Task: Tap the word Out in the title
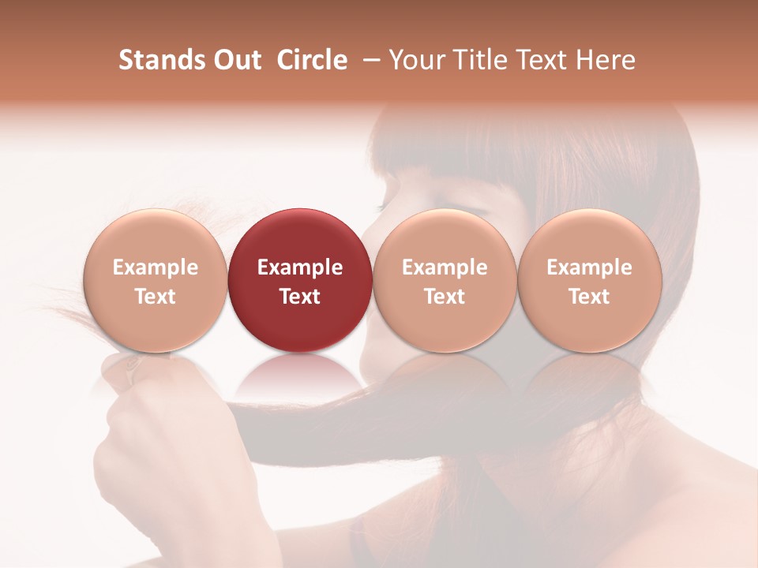click(x=236, y=60)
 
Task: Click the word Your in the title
click(x=415, y=60)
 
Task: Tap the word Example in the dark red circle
click(x=300, y=267)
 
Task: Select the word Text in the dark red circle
click(x=300, y=297)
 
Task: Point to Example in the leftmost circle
click(x=155, y=267)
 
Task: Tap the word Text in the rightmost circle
click(x=590, y=297)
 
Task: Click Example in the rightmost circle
click(x=590, y=267)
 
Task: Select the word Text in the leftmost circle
click(x=155, y=297)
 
